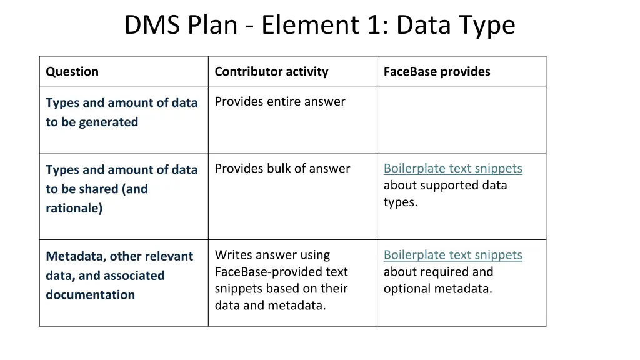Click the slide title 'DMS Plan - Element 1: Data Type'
pos(319,26)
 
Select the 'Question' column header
pos(72,71)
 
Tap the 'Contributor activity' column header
pos(271,71)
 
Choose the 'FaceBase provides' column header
pos(437,71)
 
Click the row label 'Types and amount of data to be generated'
pos(121,112)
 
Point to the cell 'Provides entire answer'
pos(280,101)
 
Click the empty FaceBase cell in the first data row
pos(461,119)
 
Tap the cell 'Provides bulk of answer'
pos(282,168)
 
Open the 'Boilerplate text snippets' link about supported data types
pos(452,168)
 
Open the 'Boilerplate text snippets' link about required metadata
pos(452,255)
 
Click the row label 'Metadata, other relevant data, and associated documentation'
pos(119,275)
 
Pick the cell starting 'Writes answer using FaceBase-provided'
pos(281,280)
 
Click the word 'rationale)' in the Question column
pos(74,208)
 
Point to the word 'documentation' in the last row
pos(90,294)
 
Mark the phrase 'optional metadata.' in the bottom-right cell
pos(438,289)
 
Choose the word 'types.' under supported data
pos(401,202)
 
